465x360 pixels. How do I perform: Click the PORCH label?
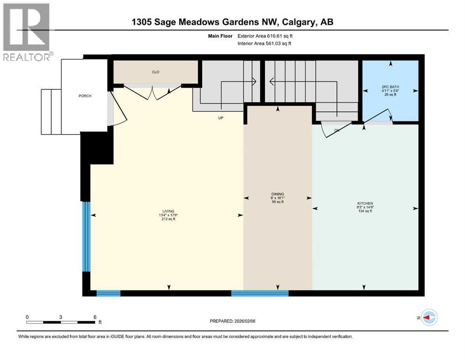point(85,96)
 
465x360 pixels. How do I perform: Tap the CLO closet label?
point(155,72)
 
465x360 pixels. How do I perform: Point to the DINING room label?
point(278,194)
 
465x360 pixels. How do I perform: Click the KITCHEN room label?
point(365,203)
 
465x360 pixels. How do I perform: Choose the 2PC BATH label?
point(390,87)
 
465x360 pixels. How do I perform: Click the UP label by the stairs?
point(221,118)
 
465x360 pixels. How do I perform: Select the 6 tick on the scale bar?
point(95,317)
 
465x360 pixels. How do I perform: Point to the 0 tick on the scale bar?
point(27,317)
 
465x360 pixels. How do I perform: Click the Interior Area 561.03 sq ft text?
point(265,44)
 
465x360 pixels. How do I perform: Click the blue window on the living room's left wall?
point(86,236)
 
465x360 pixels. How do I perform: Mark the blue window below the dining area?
point(260,293)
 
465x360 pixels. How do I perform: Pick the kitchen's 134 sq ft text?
point(365,211)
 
